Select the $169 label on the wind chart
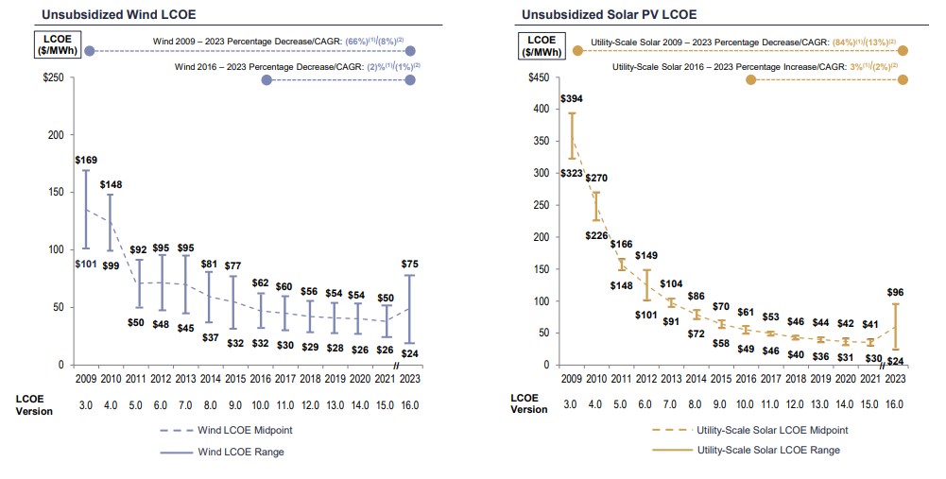(x=86, y=160)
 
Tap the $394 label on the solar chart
(x=571, y=98)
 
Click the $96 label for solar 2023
(x=895, y=293)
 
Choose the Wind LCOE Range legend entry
(x=239, y=453)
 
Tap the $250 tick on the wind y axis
(x=53, y=78)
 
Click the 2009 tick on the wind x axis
(x=86, y=378)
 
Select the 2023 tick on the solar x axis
(x=894, y=378)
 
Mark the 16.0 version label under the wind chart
(x=409, y=405)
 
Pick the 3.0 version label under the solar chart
(x=572, y=404)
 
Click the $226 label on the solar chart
(x=596, y=236)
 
